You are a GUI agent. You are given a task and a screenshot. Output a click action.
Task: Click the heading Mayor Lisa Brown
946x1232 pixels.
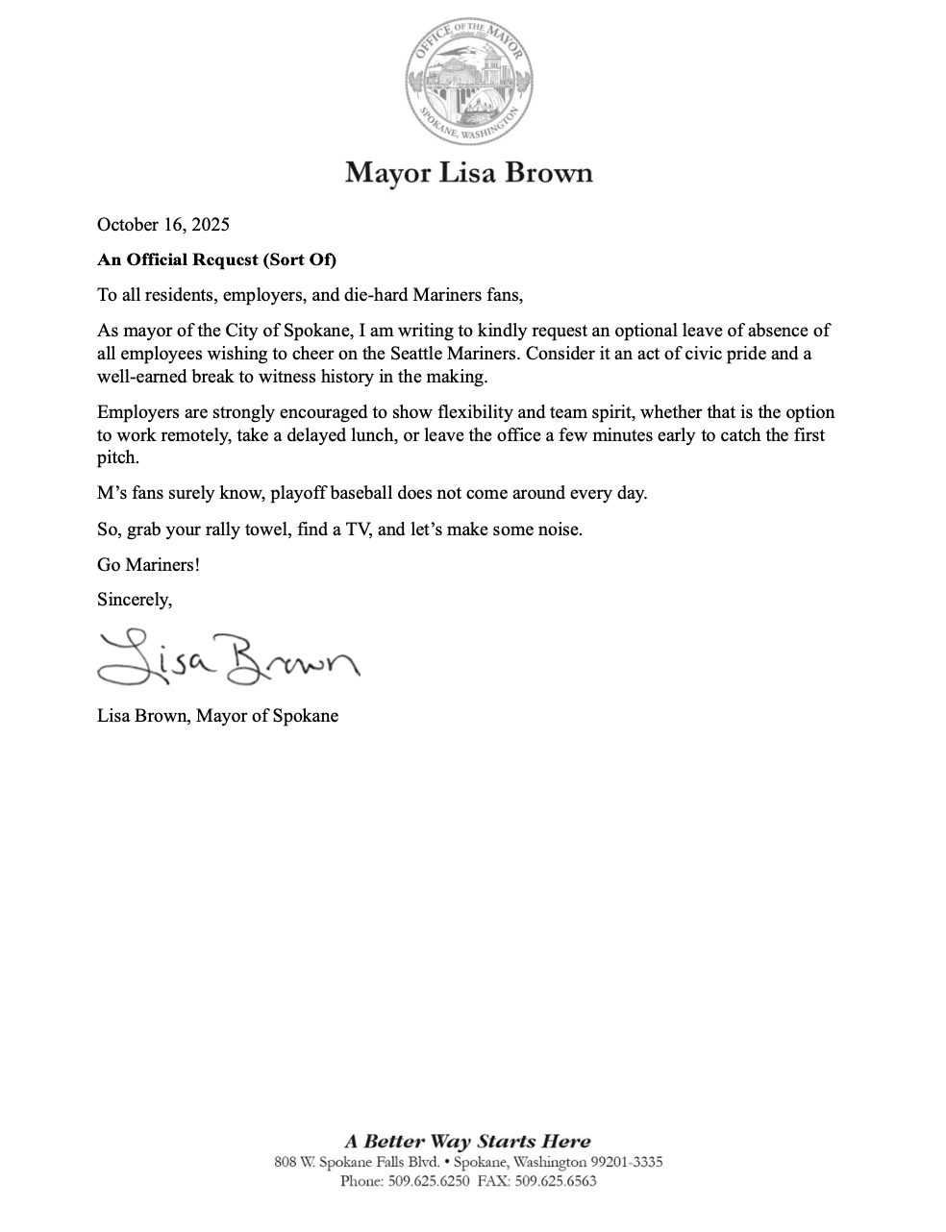[469, 173]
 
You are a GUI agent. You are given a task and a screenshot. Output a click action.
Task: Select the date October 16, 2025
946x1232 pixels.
[163, 225]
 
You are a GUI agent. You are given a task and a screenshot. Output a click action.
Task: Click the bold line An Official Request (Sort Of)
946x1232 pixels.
[216, 259]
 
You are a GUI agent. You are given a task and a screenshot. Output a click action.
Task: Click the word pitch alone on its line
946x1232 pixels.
[116, 458]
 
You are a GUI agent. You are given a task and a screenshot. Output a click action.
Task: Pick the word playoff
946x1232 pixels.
[300, 494]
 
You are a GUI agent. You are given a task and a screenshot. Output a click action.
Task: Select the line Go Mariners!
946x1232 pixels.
[149, 564]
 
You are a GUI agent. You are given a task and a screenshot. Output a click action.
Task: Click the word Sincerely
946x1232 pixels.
[134, 600]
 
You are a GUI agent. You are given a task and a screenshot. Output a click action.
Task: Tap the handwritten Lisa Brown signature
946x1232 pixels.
[227, 658]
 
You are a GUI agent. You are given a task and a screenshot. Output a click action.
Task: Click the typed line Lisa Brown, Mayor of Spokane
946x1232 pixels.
[217, 716]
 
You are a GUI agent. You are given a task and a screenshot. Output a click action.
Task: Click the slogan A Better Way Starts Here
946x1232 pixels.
[468, 1142]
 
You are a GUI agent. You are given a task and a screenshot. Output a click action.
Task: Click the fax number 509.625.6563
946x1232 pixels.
[561, 1181]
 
